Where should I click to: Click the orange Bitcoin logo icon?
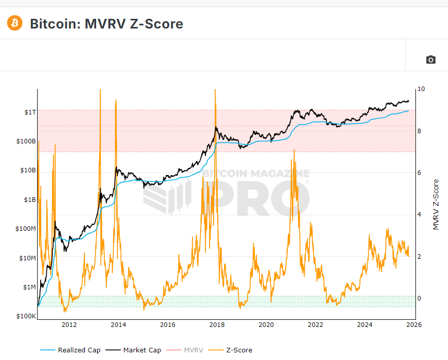tap(15, 23)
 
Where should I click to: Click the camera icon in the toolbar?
tap(431, 59)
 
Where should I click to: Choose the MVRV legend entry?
tap(193, 350)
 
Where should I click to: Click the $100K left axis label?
tap(26, 316)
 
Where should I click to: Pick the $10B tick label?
tap(27, 170)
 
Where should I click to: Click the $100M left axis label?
tap(25, 229)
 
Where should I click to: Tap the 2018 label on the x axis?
tap(217, 325)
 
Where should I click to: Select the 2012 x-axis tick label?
tap(69, 325)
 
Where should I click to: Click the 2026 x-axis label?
tap(413, 325)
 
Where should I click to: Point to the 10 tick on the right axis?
tap(421, 89)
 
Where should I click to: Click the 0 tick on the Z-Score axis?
tap(419, 298)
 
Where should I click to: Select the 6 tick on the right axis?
tap(419, 173)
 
